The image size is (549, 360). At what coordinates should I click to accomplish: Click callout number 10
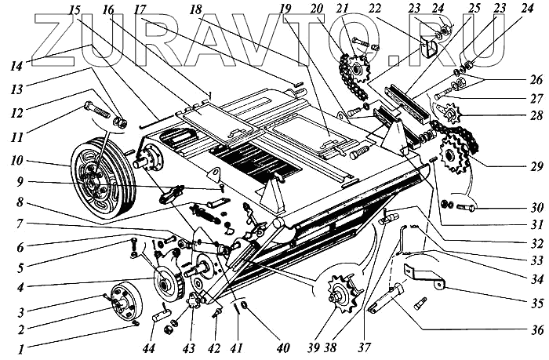tap(16, 162)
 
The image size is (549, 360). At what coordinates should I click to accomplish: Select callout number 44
tap(151, 348)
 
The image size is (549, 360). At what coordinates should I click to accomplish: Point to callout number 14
tap(16, 65)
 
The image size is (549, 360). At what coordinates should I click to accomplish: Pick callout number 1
tap(21, 349)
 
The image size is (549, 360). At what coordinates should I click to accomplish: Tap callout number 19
tap(288, 9)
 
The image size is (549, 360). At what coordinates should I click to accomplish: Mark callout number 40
tap(283, 348)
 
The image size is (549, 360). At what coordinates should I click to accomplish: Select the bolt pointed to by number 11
tap(97, 110)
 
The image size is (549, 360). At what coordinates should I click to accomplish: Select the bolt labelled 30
tap(465, 208)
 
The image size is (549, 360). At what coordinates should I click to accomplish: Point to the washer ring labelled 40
tap(245, 304)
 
